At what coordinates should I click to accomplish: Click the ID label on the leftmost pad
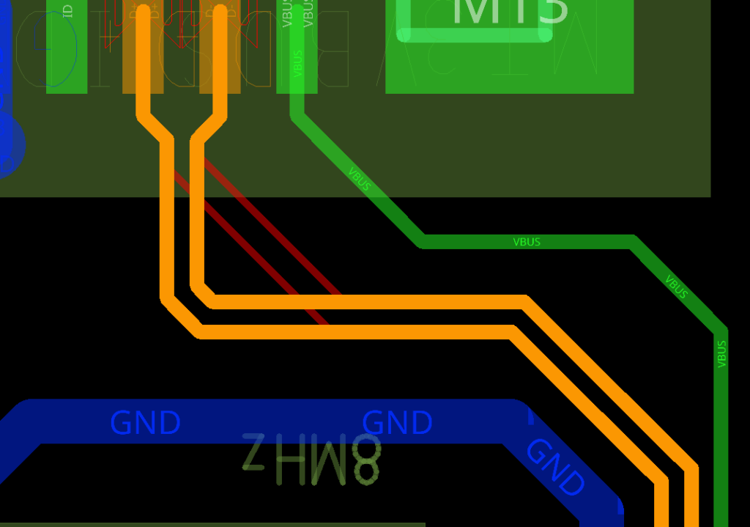point(68,11)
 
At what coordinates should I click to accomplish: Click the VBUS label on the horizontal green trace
point(527,242)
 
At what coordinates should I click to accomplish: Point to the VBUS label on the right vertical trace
point(721,354)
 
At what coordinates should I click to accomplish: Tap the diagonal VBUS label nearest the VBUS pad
point(360,180)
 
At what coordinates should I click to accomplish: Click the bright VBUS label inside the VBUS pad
point(297,63)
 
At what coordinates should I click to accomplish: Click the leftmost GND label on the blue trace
point(145,423)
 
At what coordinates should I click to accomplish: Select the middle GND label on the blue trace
point(398,423)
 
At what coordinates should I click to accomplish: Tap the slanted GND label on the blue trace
point(556,467)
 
